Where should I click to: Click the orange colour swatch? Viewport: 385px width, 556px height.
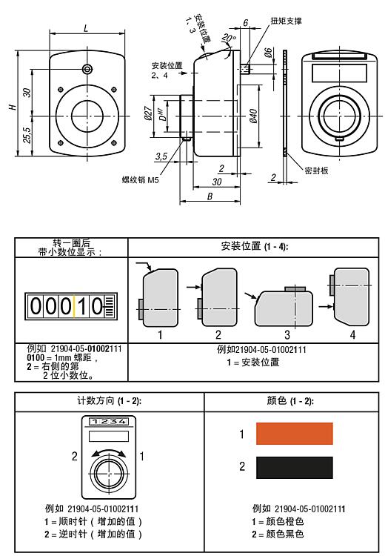tap(295, 434)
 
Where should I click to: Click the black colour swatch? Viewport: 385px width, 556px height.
tap(295, 467)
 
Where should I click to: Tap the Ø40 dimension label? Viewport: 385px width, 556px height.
tap(253, 116)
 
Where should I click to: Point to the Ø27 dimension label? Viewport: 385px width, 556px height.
tap(148, 113)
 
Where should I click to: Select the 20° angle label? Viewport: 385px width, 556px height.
tap(229, 38)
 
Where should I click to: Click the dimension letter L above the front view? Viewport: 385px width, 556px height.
tap(86, 28)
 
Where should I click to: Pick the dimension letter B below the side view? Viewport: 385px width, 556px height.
tap(210, 196)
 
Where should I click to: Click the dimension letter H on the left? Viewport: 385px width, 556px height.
tap(13, 107)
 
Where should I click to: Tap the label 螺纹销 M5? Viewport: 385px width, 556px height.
tap(140, 180)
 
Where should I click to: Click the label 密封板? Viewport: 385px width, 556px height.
tap(316, 171)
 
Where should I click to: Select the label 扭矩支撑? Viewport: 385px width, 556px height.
tap(286, 21)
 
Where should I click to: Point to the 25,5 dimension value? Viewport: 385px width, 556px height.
tap(27, 136)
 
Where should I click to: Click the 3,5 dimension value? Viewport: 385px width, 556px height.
tap(161, 156)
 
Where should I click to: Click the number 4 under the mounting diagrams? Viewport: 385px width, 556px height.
tap(352, 335)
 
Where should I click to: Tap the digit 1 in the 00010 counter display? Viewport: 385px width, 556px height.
tap(82, 306)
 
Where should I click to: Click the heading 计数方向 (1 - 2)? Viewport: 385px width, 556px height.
tap(109, 401)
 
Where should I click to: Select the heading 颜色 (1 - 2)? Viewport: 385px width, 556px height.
tap(289, 401)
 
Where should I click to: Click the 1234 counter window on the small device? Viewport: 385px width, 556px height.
tap(109, 422)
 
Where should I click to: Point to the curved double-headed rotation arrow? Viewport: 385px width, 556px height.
tap(109, 451)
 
